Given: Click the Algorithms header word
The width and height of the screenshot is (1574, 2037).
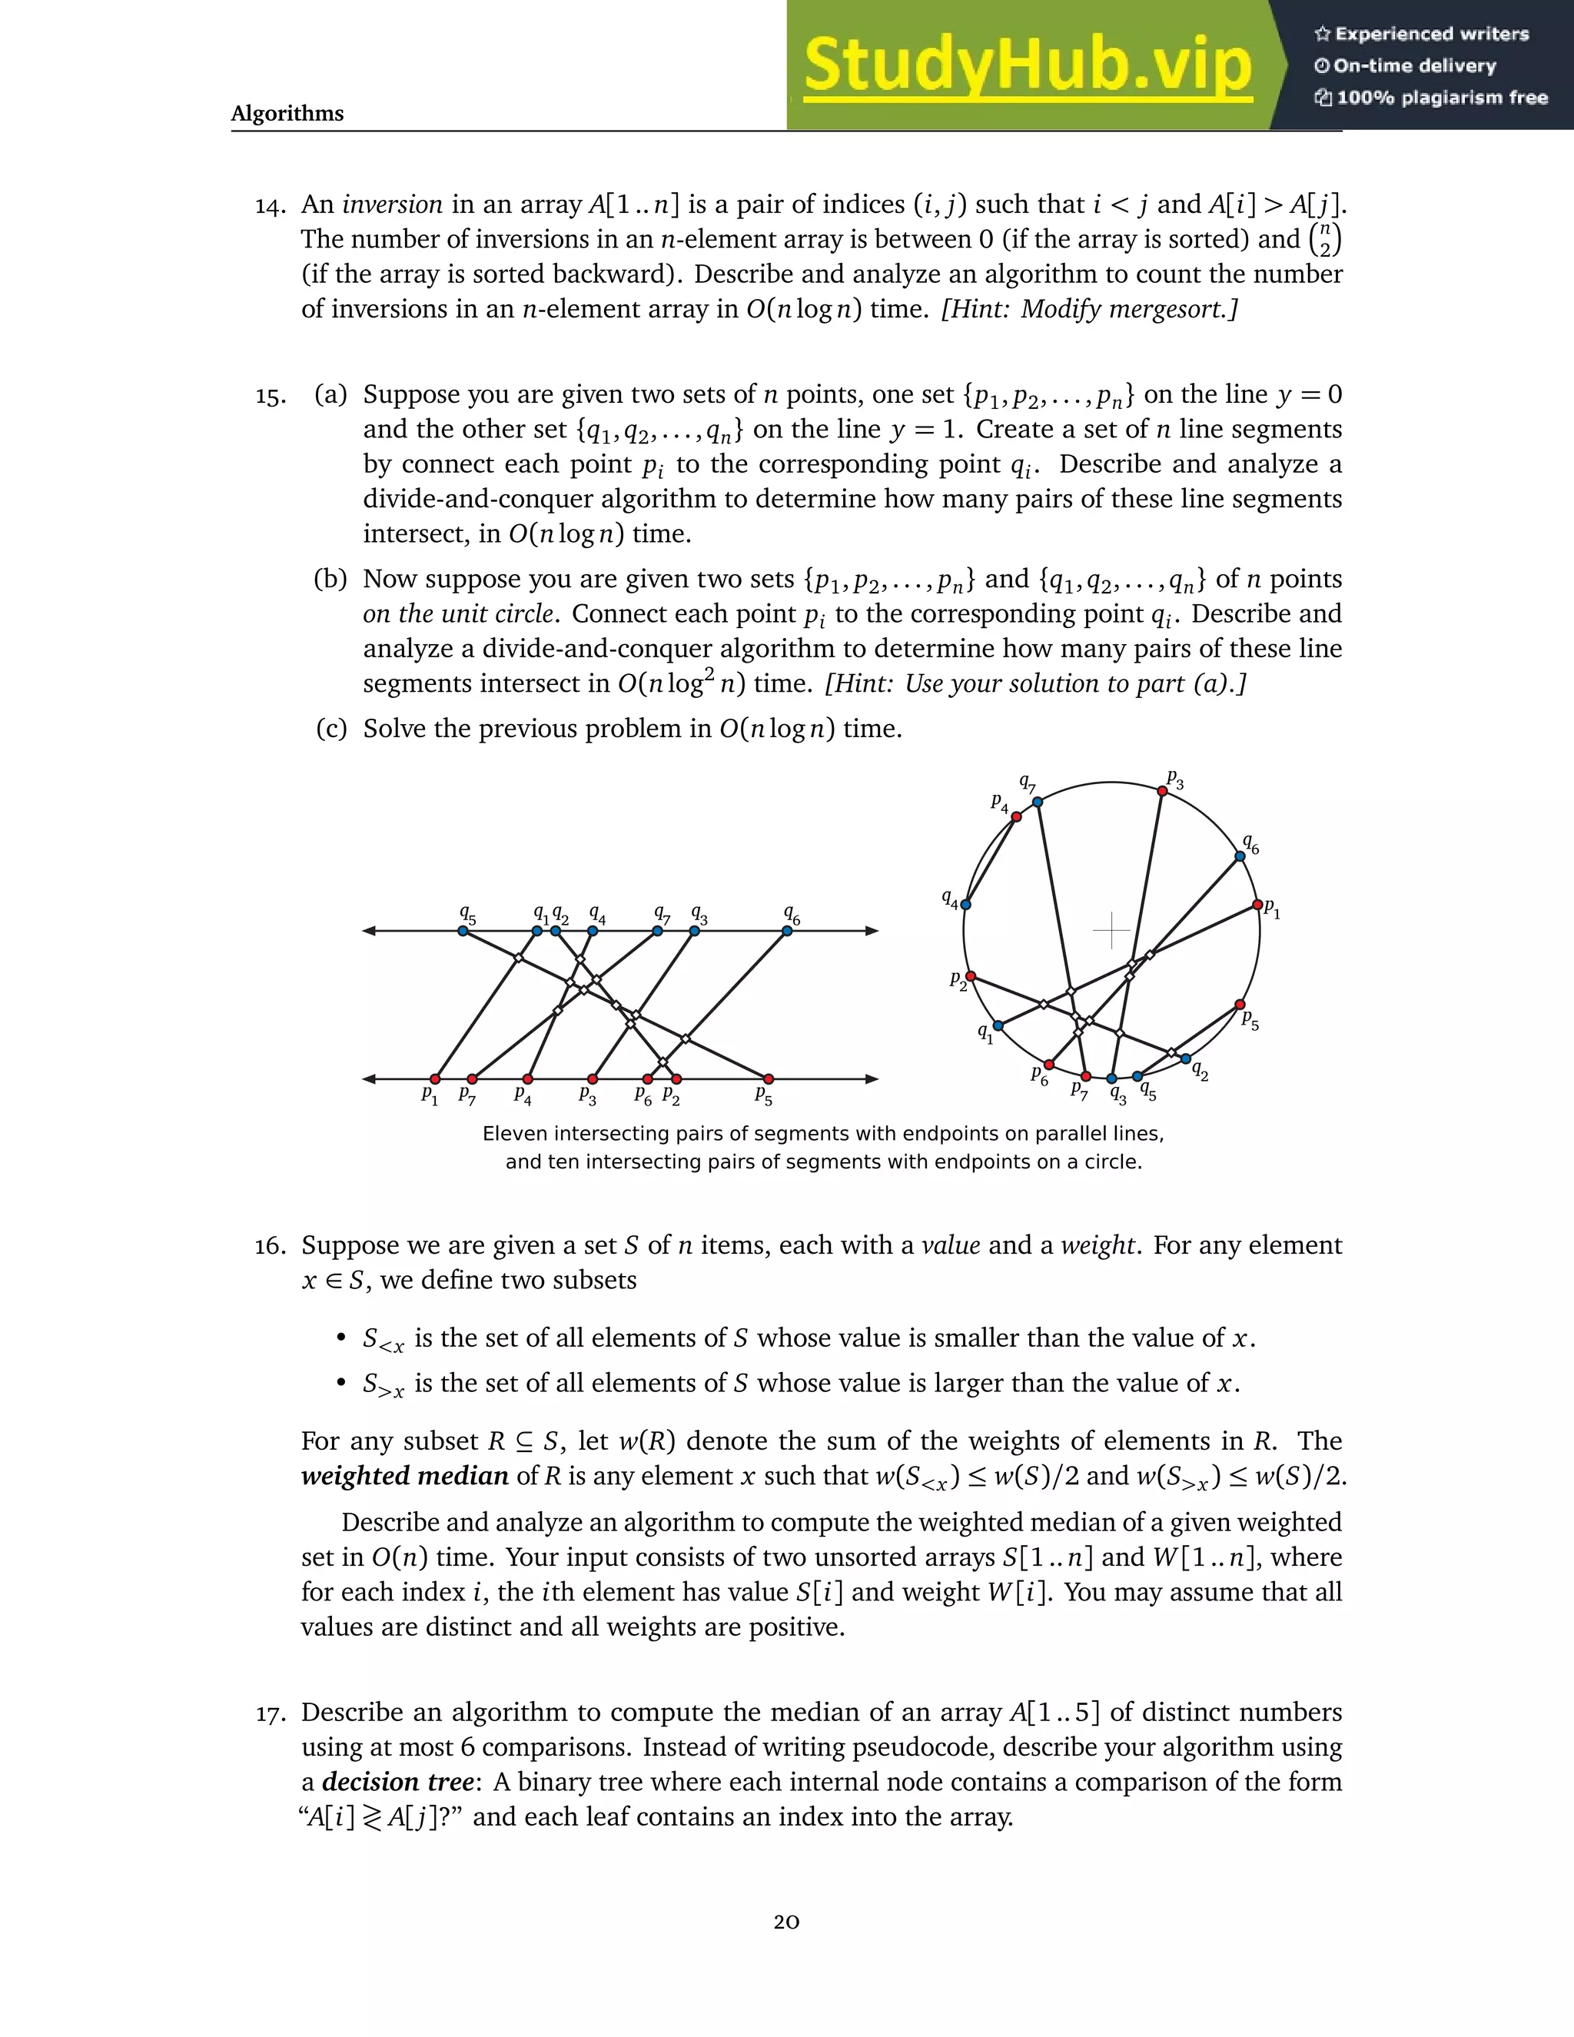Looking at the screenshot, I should (287, 114).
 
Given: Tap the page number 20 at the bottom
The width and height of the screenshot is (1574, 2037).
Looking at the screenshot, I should (786, 1922).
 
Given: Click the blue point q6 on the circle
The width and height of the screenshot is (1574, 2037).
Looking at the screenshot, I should (1240, 856).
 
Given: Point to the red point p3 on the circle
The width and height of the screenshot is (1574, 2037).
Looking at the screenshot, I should (1162, 791).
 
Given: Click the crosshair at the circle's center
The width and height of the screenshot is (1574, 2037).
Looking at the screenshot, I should (1111, 930).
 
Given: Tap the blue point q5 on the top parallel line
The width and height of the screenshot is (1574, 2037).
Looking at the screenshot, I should (463, 930).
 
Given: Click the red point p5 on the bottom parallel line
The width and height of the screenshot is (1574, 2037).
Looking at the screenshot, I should (769, 1079).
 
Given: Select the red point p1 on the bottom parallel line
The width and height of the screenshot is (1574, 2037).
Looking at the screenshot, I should (434, 1079).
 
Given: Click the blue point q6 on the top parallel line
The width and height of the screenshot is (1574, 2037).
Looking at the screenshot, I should (787, 930).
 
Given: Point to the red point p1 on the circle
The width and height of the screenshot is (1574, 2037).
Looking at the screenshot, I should (1257, 905).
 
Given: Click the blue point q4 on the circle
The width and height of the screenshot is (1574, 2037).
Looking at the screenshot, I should (966, 905).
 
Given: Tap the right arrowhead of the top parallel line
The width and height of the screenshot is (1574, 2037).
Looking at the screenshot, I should (872, 930).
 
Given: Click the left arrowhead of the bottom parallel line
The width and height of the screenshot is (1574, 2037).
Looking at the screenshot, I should (369, 1079).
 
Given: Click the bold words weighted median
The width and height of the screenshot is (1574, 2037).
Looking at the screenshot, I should (405, 1477).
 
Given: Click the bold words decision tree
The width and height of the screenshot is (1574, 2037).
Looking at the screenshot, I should (398, 1783).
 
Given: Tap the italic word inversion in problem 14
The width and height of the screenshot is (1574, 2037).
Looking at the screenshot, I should (393, 205).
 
